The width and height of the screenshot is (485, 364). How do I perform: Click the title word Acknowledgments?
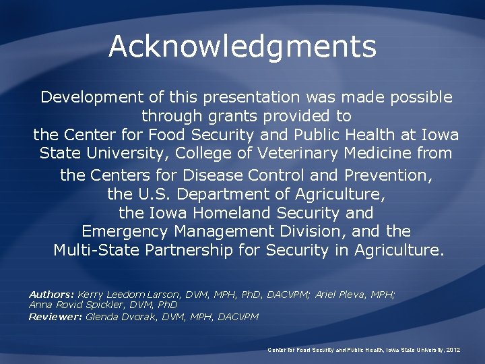242,47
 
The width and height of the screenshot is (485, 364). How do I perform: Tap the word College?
193,153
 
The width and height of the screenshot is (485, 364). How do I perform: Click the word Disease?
213,175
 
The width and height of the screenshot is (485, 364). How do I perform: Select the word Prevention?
386,175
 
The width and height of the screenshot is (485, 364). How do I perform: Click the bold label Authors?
51,295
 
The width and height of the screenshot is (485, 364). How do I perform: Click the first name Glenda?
103,316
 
